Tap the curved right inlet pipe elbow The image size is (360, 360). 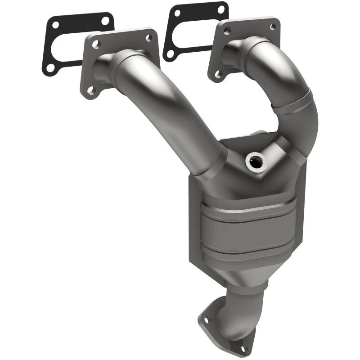click(292, 94)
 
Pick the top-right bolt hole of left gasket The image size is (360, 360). click(105, 20)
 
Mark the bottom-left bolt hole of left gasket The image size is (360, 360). click(50, 67)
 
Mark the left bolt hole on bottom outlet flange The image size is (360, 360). click(207, 320)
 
